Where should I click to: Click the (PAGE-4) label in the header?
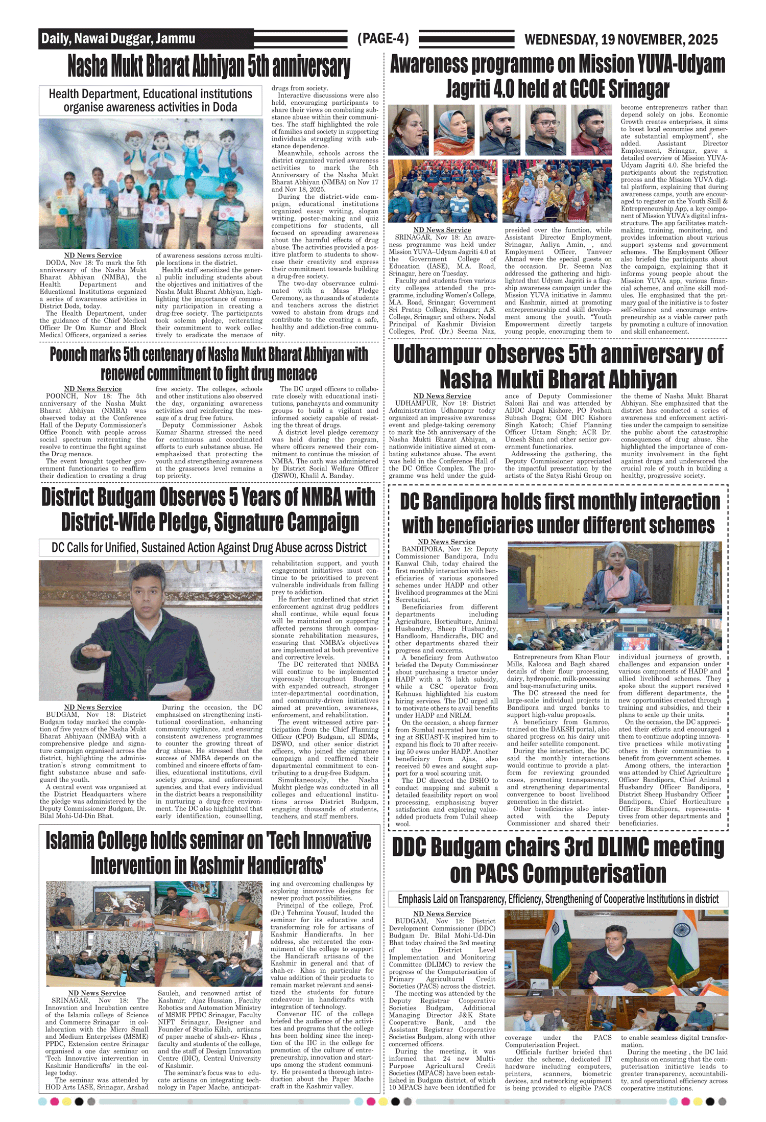(383, 39)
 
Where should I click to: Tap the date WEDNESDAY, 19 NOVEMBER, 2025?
(621, 39)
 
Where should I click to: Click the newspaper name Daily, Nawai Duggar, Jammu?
(118, 38)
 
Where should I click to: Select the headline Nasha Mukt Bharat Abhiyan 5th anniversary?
(209, 66)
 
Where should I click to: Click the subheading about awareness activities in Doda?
(150, 101)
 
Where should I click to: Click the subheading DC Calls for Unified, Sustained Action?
(209, 548)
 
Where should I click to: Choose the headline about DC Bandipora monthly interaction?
(560, 513)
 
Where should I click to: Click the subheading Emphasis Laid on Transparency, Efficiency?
(558, 899)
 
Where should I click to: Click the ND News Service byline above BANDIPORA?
(446, 542)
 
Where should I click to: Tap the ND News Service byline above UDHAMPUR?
(442, 396)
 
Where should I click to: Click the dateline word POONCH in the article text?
(61, 396)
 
